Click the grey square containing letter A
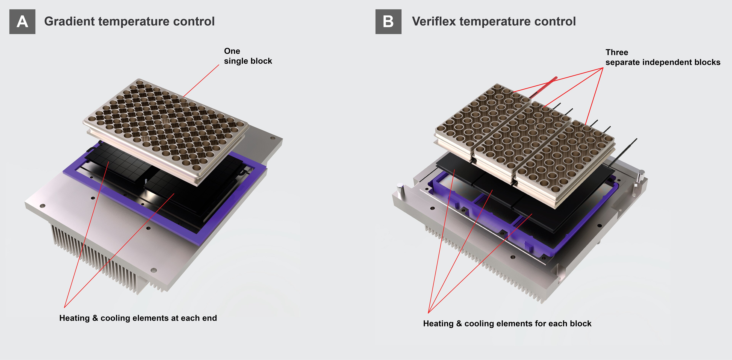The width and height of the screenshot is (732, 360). click(22, 22)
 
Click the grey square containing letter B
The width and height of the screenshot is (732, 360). click(388, 22)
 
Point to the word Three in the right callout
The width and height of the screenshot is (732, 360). click(617, 52)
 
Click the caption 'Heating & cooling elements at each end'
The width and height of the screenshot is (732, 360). click(138, 318)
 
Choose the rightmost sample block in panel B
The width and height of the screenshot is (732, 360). click(565, 159)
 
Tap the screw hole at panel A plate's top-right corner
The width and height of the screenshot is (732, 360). click(273, 138)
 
